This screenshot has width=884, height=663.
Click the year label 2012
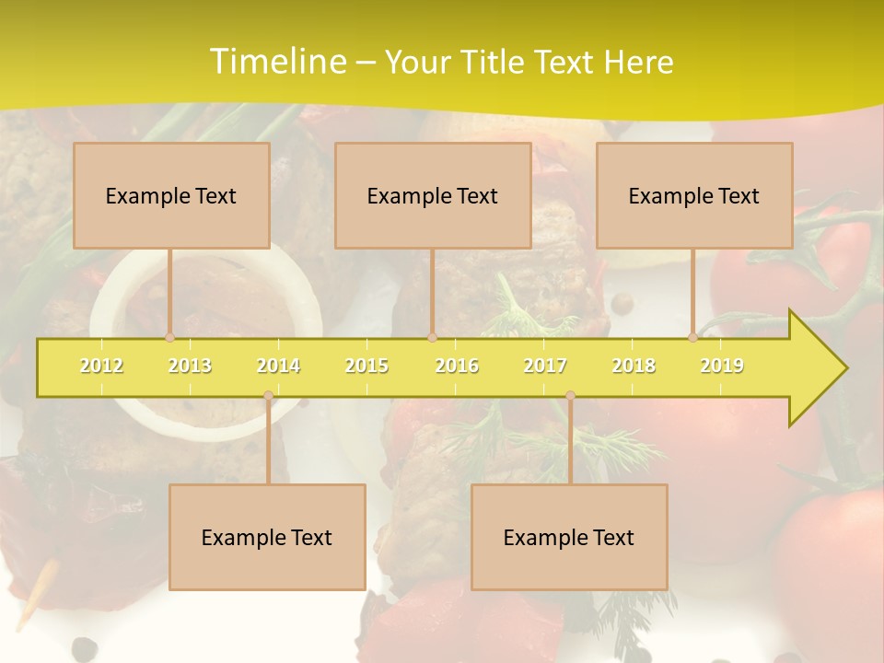[x=101, y=366]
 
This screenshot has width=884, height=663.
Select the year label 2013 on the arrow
[x=190, y=366]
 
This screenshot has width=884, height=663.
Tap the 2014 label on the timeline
[x=278, y=366]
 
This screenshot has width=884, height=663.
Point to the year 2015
[x=366, y=366]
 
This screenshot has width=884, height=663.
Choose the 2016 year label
[x=457, y=366]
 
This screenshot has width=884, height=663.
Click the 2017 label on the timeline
[x=545, y=366]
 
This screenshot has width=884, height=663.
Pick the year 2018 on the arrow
[x=634, y=366]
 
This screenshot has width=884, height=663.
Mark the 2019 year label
[x=722, y=366]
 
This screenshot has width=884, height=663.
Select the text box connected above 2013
[x=171, y=196]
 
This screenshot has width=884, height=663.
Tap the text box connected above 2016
[x=433, y=196]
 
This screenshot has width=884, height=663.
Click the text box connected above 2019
[x=694, y=196]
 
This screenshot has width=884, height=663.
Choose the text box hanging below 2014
[x=267, y=538]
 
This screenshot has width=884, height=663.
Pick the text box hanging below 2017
[x=569, y=538]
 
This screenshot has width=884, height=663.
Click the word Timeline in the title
[x=276, y=62]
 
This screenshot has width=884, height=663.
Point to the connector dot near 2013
[x=170, y=337]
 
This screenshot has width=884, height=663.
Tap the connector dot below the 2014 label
[x=268, y=396]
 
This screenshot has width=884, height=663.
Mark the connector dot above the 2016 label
[x=432, y=337]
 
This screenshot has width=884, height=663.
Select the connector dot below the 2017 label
[x=570, y=396]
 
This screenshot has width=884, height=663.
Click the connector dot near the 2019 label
[x=693, y=337]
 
